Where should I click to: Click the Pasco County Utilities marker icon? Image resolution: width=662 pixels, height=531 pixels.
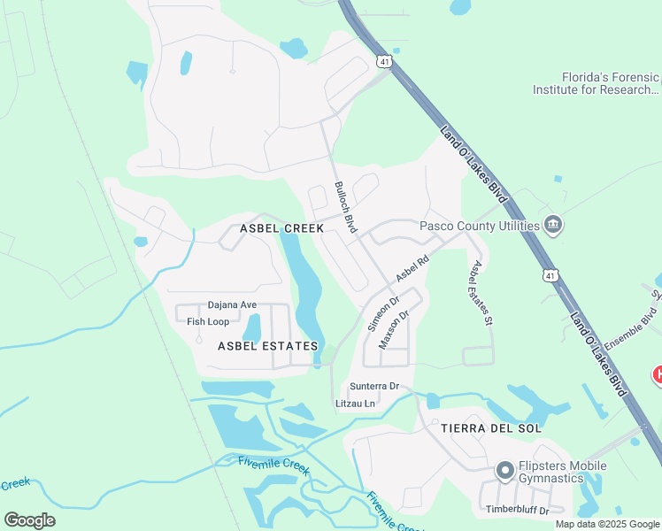tap(553, 225)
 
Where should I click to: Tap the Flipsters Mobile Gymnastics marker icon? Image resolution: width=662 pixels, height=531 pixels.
tap(504, 471)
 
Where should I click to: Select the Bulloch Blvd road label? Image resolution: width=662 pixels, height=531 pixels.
tap(345, 207)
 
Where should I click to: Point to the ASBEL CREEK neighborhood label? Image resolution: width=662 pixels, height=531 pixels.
tap(281, 228)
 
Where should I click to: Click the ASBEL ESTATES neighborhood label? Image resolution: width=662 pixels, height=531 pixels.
tap(267, 346)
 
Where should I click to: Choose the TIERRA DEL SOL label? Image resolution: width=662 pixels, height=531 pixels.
tap(491, 427)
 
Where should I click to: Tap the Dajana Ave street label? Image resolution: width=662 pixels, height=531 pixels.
tap(232, 305)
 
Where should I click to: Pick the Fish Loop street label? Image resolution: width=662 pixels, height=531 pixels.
tap(208, 321)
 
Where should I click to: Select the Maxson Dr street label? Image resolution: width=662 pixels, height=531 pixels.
tap(394, 328)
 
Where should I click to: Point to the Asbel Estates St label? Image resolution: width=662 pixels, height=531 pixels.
tap(481, 293)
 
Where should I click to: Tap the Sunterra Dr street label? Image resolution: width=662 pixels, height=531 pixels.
tap(374, 387)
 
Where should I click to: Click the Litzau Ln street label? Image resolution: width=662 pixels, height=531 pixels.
tap(356, 404)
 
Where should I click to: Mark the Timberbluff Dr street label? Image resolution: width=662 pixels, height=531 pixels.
tap(518, 511)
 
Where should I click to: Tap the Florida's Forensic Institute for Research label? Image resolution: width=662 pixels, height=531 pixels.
tap(596, 83)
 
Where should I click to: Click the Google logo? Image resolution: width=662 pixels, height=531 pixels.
tap(30, 520)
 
